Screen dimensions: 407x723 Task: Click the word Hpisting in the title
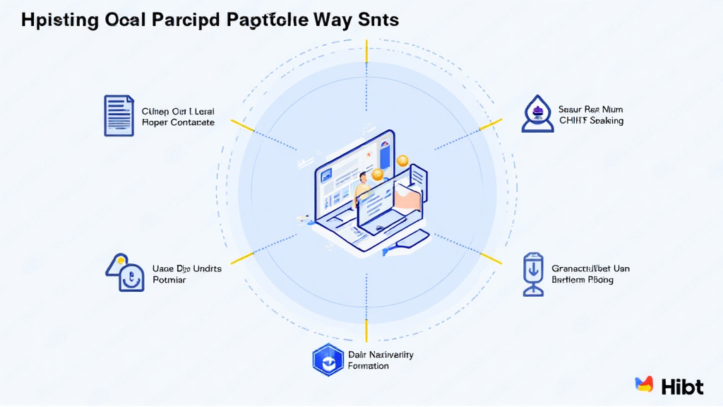[x=60, y=20]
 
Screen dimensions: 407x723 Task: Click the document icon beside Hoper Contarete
[x=119, y=115]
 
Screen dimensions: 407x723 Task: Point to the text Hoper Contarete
[x=178, y=122]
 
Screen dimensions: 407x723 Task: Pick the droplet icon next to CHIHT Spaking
[x=537, y=115]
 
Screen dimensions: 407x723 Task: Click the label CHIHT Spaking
[x=591, y=121]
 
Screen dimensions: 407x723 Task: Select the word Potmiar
[x=169, y=280]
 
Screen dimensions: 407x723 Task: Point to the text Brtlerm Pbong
[x=582, y=280]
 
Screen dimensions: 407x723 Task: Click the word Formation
[x=369, y=366]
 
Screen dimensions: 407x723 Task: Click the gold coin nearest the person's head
[x=378, y=174]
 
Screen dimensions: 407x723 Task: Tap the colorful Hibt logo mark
[x=644, y=385]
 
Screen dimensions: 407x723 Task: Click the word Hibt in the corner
[x=683, y=386]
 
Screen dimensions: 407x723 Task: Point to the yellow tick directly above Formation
[x=366, y=330]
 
